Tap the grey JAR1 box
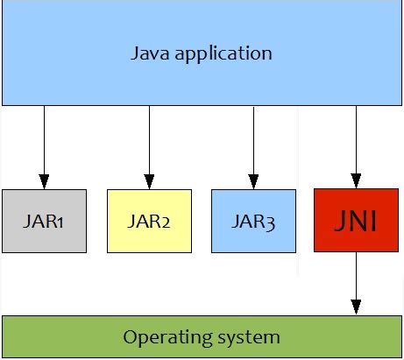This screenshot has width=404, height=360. (x=44, y=221)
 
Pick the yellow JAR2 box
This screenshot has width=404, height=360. (x=149, y=221)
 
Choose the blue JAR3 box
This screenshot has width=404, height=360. (x=253, y=221)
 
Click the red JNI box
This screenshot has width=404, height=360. (x=356, y=221)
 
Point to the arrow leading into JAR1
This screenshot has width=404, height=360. (x=44, y=145)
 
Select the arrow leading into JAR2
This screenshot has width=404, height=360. (x=149, y=145)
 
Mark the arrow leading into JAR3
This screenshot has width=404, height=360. (x=253, y=145)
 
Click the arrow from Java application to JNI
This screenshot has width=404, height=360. (x=356, y=145)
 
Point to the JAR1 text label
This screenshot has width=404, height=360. (x=44, y=221)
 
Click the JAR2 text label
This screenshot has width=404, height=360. (x=149, y=221)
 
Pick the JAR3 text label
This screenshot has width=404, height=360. (x=253, y=221)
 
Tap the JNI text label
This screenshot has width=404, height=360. (x=356, y=221)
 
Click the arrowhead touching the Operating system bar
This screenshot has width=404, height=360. (x=356, y=306)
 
